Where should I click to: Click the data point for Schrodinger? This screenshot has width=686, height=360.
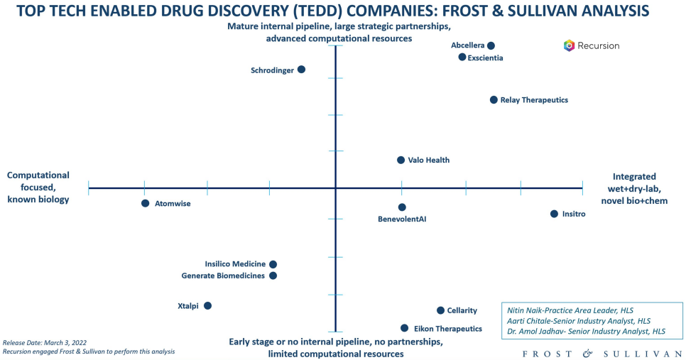tap(301, 70)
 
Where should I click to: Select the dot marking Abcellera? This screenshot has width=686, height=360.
tap(491, 45)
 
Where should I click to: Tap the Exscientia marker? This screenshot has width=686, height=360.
tap(462, 57)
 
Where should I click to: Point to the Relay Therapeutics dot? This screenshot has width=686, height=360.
tap(494, 100)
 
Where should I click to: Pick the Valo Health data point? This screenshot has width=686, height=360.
tap(401, 160)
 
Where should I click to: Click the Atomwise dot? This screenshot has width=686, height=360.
tap(145, 203)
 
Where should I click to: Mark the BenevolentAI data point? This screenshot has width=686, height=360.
tap(402, 207)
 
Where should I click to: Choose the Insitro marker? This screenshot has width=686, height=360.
tap(554, 214)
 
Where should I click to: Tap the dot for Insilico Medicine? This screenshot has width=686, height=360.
tap(273, 264)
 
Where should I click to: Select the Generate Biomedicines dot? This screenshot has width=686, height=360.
tap(273, 276)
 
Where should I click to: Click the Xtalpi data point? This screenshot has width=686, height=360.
tap(207, 306)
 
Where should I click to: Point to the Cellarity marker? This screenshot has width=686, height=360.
tap(440, 310)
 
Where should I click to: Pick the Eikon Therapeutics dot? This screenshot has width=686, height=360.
tap(404, 328)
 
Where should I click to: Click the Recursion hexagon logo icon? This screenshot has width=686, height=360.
tap(569, 45)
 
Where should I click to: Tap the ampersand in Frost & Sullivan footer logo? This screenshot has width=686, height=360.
tap(587, 352)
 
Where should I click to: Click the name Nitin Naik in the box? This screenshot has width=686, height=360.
tap(526, 310)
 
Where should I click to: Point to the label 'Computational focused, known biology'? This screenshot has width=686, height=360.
tap(38, 187)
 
